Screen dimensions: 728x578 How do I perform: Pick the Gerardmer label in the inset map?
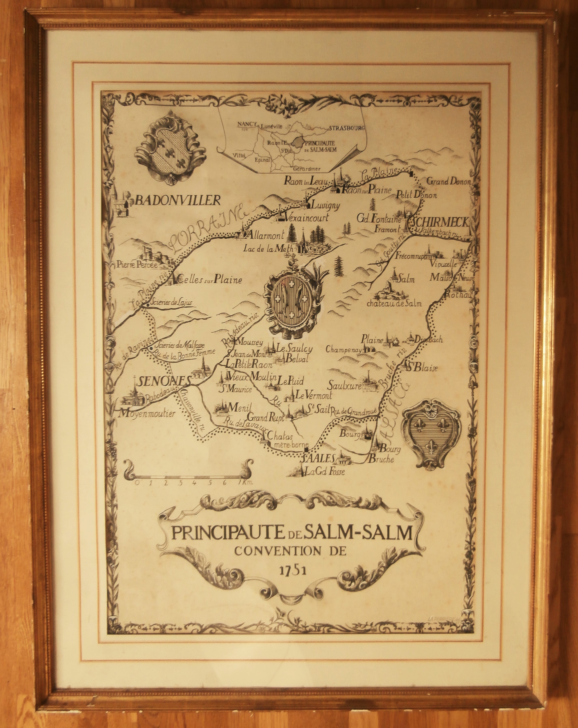tap(307, 169)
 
